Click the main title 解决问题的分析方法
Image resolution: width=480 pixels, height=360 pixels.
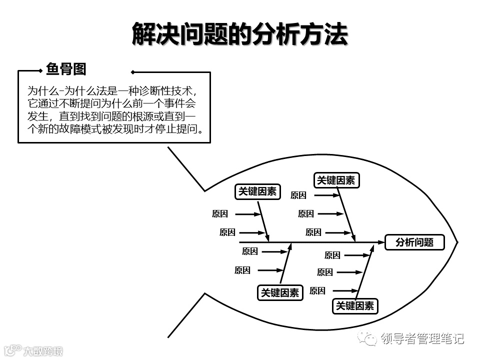(x=239, y=34)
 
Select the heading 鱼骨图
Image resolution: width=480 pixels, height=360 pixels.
(x=66, y=69)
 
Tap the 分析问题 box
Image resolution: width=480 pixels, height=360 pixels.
(x=414, y=242)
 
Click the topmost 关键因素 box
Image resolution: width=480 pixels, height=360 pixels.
(x=336, y=180)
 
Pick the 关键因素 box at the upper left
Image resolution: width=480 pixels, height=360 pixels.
(x=257, y=192)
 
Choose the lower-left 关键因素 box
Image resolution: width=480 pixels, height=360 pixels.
(x=280, y=293)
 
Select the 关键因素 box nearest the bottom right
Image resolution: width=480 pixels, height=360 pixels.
(x=355, y=306)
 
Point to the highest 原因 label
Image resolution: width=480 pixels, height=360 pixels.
(x=298, y=195)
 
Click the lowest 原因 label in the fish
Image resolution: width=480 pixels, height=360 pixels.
(x=317, y=290)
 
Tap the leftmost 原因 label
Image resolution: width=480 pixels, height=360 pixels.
(x=220, y=214)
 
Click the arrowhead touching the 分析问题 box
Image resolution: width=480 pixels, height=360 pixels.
(x=380, y=242)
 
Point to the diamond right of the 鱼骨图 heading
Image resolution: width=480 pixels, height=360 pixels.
(x=132, y=71)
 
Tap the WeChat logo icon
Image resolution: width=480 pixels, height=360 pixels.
(x=370, y=338)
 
